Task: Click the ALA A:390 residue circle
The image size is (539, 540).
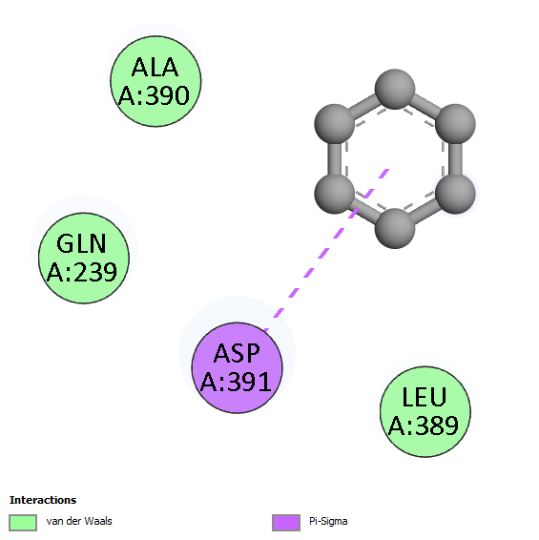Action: pos(155,81)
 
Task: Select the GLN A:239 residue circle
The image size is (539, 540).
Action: pos(84,258)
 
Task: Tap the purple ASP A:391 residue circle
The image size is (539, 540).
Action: pos(237,367)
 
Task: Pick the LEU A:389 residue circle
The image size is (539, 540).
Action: pos(425,411)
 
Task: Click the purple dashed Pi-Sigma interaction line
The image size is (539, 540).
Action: pos(326,250)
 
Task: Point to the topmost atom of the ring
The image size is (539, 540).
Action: pos(395,89)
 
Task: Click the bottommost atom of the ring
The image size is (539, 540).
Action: pos(395,228)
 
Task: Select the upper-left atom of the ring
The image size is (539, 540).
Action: pos(335,124)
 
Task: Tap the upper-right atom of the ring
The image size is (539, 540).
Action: pos(455,124)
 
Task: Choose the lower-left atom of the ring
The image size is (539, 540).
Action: pos(335,194)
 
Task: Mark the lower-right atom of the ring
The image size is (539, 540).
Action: pos(455,194)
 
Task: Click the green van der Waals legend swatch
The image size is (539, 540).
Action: pos(23,523)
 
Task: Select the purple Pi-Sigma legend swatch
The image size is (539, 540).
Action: pos(286,523)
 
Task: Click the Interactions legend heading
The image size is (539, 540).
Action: pos(43,500)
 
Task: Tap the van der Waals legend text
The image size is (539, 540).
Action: pos(79,521)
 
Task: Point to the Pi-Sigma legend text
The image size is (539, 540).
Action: pos(328,522)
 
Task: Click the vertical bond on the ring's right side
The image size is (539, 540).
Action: pos(455,158)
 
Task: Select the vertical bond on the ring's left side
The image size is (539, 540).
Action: pos(335,158)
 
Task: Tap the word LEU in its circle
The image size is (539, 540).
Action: pos(425,397)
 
